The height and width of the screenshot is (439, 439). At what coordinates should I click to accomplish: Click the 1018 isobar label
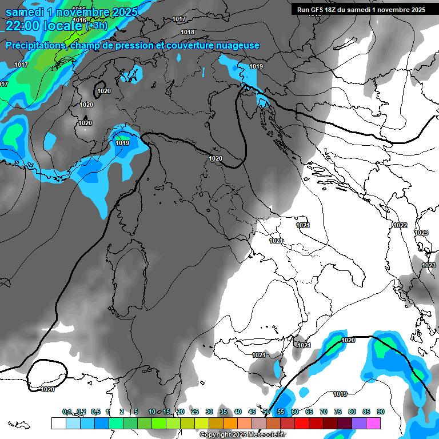(187, 33)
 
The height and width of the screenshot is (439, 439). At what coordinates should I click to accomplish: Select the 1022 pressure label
(400, 225)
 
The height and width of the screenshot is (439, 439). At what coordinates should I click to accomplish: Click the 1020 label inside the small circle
(104, 91)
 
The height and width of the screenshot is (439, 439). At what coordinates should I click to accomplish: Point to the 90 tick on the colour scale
(380, 412)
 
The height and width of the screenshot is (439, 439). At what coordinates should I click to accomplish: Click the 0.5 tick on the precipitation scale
(95, 412)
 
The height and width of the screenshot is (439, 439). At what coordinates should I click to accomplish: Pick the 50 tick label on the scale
(266, 412)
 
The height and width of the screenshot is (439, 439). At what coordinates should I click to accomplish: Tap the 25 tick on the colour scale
(195, 412)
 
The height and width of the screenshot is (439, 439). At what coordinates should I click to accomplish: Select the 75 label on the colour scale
(338, 412)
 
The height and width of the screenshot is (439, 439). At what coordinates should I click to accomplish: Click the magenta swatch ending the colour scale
(373, 423)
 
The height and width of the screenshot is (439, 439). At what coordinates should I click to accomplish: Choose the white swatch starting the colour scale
(58, 423)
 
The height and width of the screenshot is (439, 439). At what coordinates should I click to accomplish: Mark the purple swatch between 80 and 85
(359, 423)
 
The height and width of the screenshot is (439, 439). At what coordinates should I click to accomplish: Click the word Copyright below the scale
(214, 435)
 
